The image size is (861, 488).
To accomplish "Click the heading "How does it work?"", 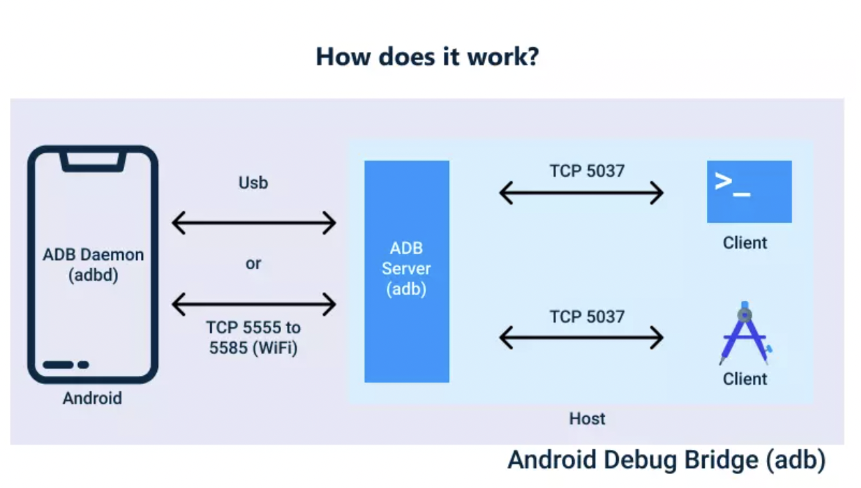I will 427,57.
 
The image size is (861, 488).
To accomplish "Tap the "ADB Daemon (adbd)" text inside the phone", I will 93,265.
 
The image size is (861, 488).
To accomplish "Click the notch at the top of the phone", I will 93,161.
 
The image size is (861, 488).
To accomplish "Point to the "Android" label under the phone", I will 92,398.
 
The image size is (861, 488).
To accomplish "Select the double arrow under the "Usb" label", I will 254,223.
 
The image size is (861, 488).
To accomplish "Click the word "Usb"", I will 253,182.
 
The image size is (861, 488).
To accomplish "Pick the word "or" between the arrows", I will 253,263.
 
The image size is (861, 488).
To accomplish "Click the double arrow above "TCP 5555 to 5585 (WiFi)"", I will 254,304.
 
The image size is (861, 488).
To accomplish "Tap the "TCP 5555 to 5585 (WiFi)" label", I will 253,337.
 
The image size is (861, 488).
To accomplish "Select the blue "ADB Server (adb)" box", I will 406,271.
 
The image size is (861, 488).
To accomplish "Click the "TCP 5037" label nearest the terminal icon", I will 587,171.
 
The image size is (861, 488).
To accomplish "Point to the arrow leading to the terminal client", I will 581,193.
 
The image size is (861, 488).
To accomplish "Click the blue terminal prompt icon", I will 749,191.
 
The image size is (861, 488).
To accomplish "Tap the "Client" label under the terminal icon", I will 745,243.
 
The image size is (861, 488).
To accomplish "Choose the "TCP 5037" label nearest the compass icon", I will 587,316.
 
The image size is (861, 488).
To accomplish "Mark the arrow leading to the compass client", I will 581,338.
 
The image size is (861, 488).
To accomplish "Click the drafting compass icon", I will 745,333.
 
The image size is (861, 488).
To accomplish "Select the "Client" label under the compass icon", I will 745,379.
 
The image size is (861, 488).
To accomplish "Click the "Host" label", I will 587,419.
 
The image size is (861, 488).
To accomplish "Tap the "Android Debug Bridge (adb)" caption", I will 666,460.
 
